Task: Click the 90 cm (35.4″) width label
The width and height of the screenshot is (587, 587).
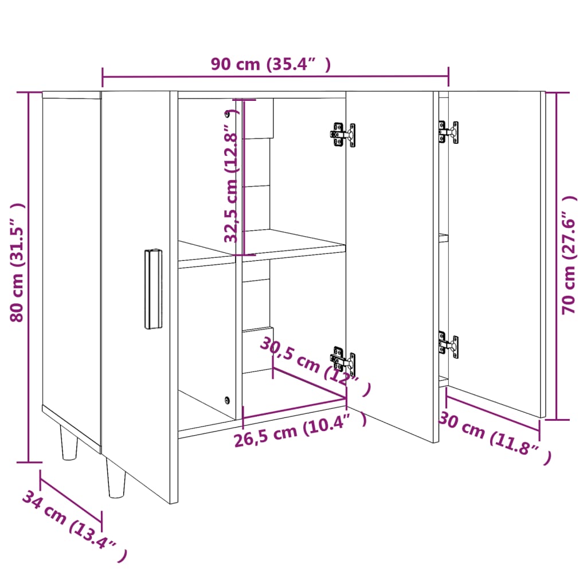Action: coord(271,64)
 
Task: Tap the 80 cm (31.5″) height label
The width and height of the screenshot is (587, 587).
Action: coord(18,263)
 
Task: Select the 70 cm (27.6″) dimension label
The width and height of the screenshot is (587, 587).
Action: coord(569,255)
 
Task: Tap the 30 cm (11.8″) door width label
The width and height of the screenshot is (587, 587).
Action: coord(494,438)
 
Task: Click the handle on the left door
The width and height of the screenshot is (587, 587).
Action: coord(152,289)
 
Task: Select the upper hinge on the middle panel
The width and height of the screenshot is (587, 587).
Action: coord(343,135)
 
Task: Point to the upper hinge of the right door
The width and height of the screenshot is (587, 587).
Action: coord(448,131)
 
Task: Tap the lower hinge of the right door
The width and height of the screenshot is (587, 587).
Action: coord(448,345)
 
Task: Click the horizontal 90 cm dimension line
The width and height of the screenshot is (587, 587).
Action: coord(275,77)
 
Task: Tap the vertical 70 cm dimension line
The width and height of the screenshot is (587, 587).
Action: coord(557,255)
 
